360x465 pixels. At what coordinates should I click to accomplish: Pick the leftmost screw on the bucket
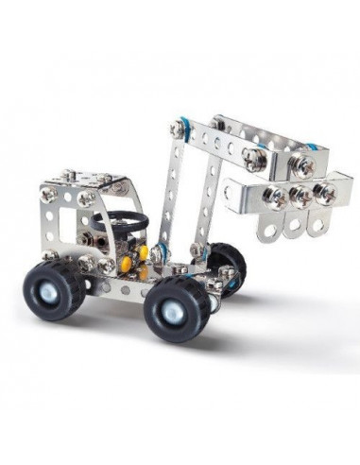(x=278, y=198)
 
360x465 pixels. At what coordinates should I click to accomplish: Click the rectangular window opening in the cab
(x=69, y=228)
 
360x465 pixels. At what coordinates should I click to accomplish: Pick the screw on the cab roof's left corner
(x=47, y=193)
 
